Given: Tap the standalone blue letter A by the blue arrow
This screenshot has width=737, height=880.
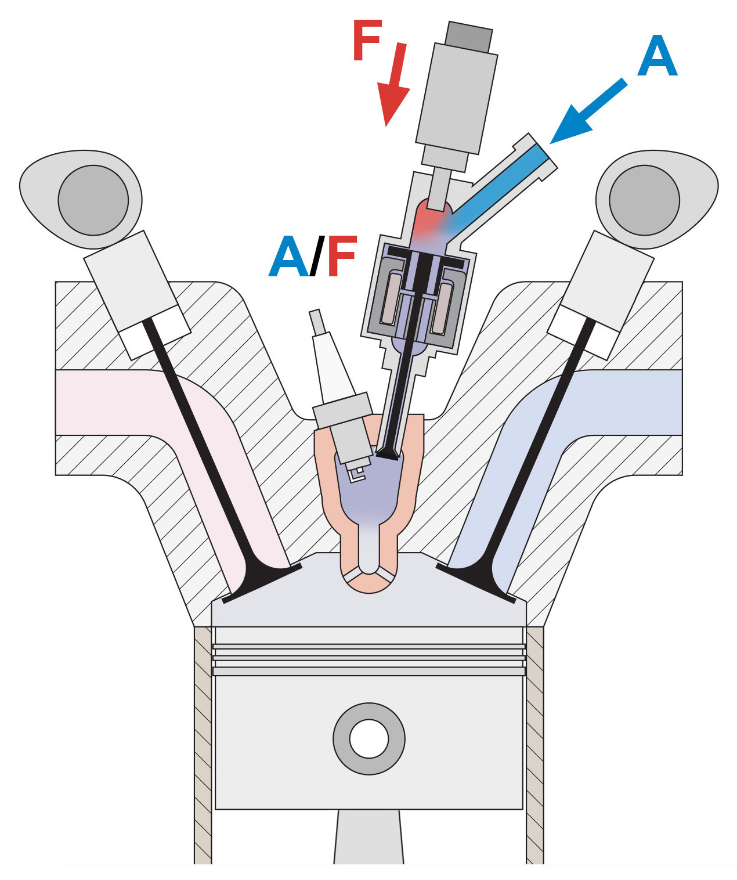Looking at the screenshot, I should [657, 56].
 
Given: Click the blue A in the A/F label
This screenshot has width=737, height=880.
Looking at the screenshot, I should [288, 257].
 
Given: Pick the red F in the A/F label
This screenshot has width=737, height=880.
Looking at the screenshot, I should [341, 257].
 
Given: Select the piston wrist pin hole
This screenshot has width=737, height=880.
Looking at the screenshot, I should [368, 738].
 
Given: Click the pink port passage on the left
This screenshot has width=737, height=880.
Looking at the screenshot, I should [116, 402].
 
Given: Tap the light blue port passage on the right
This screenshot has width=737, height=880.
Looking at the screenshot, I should [627, 402].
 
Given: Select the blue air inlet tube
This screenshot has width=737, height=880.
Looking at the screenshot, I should [499, 186].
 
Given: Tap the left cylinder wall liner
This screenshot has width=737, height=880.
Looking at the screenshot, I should [203, 743].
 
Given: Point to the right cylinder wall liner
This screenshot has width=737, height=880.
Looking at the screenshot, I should [534, 743].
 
